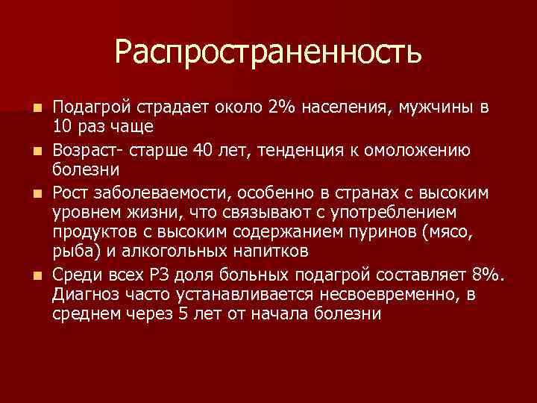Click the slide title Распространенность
[268, 51]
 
